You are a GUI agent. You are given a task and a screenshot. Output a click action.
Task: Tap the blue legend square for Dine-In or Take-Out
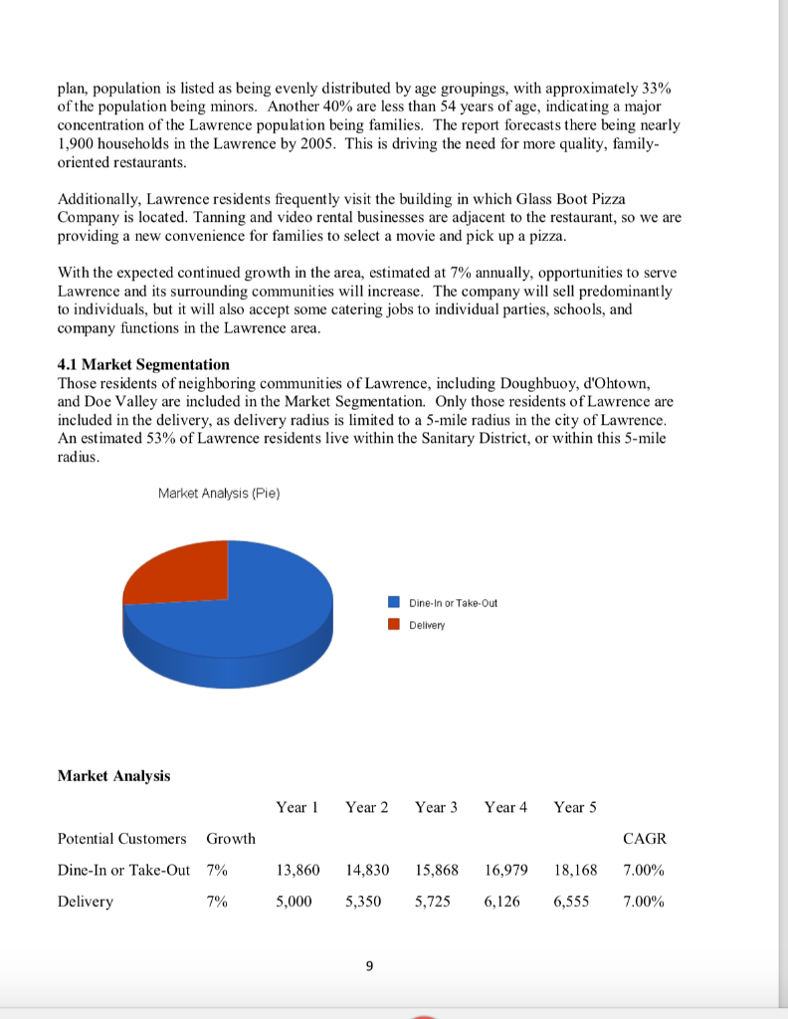coord(395,602)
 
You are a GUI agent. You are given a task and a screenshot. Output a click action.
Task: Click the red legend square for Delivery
coord(395,625)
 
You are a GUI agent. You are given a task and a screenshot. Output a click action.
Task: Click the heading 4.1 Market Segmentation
coord(144,364)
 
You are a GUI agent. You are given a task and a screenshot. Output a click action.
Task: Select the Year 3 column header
coord(436,807)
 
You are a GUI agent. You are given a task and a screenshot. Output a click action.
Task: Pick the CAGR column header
coord(644,839)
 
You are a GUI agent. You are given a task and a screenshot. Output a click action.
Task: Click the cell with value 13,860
coord(298,870)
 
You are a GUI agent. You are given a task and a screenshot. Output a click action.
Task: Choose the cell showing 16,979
coord(507,870)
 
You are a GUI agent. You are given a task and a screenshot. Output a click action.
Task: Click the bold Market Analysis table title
coord(114,775)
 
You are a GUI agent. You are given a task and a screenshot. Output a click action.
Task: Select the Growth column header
coord(230,839)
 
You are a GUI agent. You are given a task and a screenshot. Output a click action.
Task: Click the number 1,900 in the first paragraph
coord(79,143)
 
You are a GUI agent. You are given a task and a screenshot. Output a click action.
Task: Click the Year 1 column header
coord(296,807)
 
